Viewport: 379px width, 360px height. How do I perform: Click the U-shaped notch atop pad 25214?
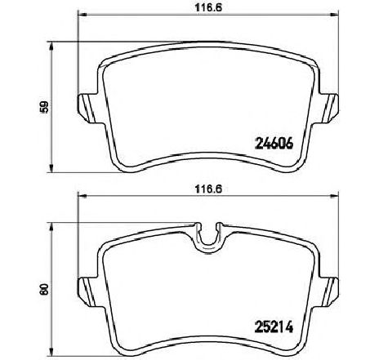click(207, 233)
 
